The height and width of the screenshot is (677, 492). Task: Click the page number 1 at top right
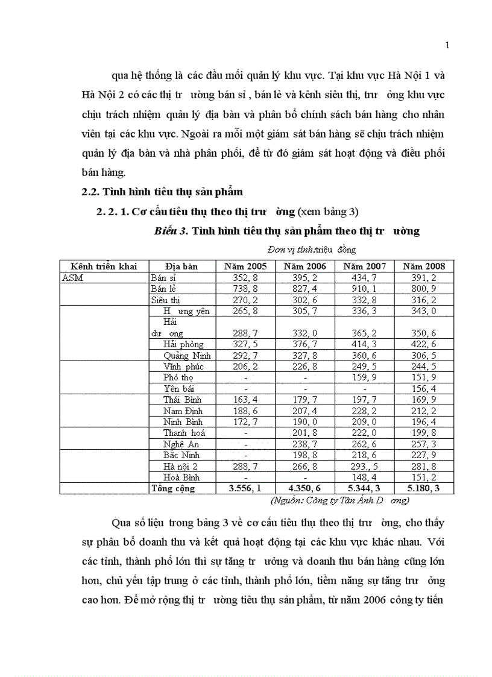pyautogui.click(x=447, y=45)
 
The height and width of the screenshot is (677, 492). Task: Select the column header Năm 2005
pyautogui.click(x=245, y=266)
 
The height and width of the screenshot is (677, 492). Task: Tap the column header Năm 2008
pyautogui.click(x=424, y=266)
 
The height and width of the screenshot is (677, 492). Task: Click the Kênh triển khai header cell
pyautogui.click(x=104, y=266)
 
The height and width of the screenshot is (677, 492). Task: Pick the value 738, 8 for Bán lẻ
pyautogui.click(x=245, y=289)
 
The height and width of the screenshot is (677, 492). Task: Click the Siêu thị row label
pyautogui.click(x=166, y=300)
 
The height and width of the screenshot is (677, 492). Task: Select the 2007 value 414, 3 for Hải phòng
pyautogui.click(x=365, y=344)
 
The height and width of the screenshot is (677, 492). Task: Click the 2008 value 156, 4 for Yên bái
pyautogui.click(x=424, y=389)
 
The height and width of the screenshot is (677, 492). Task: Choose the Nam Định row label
pyautogui.click(x=183, y=411)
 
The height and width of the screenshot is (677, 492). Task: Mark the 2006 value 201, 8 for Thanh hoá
pyautogui.click(x=305, y=433)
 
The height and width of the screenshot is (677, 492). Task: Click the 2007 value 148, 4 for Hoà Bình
pyautogui.click(x=365, y=477)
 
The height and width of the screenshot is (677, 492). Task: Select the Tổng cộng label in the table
pyautogui.click(x=173, y=488)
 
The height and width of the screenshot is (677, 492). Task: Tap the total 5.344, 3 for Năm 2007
pyautogui.click(x=365, y=488)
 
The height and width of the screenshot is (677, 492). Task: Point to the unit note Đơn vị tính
pyautogui.click(x=289, y=249)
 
